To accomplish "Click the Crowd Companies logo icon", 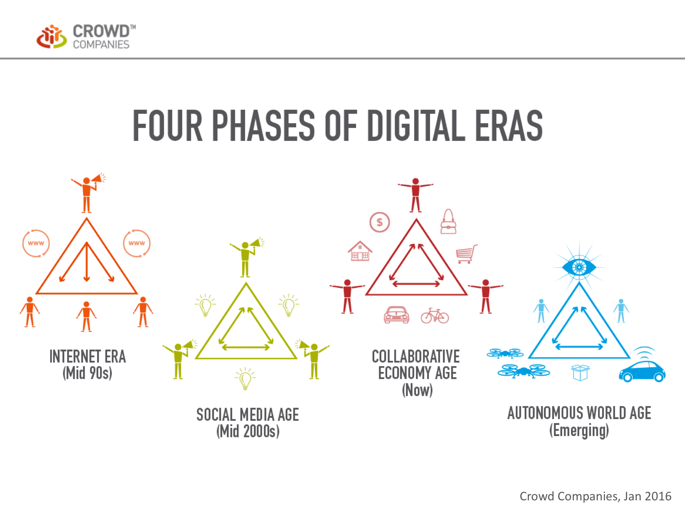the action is (52, 36).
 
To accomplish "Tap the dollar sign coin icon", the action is (380, 222).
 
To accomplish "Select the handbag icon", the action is (448, 221).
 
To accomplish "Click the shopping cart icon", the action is (466, 254).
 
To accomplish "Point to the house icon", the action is (360, 251).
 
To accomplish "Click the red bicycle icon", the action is (435, 316).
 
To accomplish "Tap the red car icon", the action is (396, 315).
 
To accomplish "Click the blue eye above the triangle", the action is (579, 267).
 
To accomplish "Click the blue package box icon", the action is (580, 373).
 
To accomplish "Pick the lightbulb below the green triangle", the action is (245, 378).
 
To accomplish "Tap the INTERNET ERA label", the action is (88, 357).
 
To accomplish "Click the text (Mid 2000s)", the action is (248, 431).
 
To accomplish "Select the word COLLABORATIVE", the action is (416, 357).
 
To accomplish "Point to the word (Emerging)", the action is (579, 430).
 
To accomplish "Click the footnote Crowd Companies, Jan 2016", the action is (595, 496).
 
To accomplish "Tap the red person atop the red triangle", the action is (415, 195).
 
